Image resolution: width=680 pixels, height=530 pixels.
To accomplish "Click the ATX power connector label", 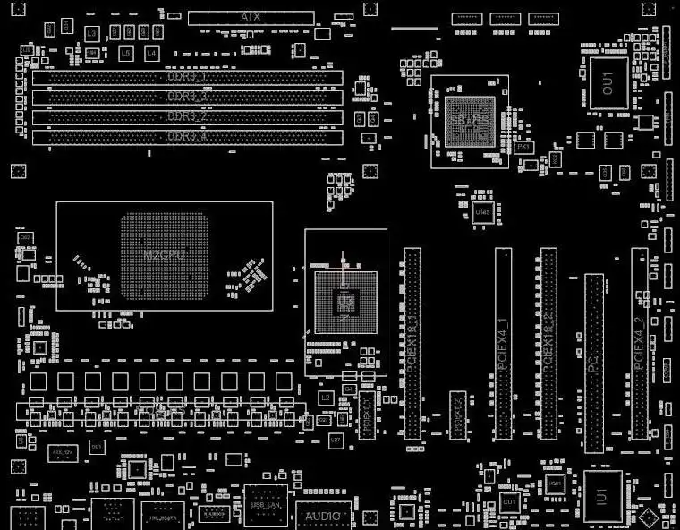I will pos(251,17).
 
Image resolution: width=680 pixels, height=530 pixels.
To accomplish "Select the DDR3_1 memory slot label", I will pos(187,76).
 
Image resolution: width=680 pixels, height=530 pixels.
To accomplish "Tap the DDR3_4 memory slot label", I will pos(187,136).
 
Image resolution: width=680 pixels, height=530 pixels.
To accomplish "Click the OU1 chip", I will pos(608,84).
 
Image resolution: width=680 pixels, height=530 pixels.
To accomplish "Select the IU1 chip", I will pos(602,495).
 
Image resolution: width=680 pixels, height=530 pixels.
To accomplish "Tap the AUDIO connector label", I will pos(323,517).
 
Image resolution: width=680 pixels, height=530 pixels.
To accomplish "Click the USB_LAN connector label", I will pos(266,507).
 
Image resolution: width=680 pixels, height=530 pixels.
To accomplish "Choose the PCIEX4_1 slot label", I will pos(504,345).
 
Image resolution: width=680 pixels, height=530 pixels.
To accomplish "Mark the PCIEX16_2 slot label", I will pos(548,345).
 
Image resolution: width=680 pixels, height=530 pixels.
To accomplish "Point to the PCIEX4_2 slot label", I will pos(639,345).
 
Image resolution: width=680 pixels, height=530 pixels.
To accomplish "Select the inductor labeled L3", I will pos(90,33).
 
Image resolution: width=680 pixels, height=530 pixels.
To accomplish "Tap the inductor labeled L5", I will pos(125,54).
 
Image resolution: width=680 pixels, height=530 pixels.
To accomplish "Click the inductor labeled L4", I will pos(150,54).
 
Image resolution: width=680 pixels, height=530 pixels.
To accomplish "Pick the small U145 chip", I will pos(483,211).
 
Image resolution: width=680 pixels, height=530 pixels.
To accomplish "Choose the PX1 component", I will pos(524,146).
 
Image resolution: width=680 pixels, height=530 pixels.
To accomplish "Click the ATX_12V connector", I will pos(61,453).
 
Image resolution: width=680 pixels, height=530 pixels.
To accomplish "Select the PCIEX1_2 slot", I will pos(457,414).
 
